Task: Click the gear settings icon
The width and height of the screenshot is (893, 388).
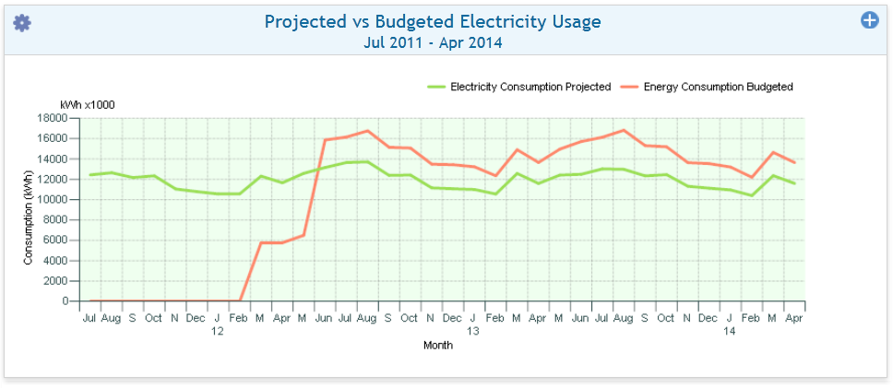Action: click(x=22, y=23)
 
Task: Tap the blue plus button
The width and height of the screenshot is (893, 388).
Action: click(x=869, y=19)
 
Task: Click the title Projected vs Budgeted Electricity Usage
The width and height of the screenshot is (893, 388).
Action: click(x=433, y=21)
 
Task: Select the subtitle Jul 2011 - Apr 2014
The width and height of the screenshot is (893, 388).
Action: click(x=433, y=42)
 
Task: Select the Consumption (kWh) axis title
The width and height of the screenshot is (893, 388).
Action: click(x=29, y=210)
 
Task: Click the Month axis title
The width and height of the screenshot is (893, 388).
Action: click(x=437, y=345)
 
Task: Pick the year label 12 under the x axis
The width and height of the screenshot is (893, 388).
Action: click(x=217, y=331)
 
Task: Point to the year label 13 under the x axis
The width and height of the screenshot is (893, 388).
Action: click(x=473, y=331)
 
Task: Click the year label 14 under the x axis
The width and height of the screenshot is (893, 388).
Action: click(x=729, y=331)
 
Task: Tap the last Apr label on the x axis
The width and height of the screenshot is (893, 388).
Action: click(x=794, y=318)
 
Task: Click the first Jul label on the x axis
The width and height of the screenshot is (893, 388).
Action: click(x=89, y=318)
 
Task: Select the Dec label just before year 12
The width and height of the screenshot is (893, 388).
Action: click(x=196, y=318)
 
